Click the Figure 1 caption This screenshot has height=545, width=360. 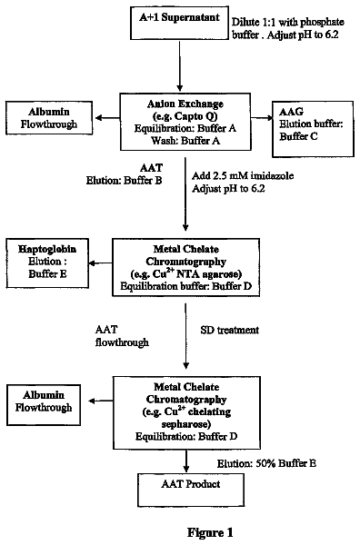click(x=210, y=532)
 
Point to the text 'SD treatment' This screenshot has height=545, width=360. click(x=230, y=330)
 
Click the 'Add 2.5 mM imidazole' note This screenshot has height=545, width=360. click(x=243, y=175)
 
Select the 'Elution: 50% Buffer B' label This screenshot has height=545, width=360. click(x=266, y=463)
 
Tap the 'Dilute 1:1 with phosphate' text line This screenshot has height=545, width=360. click(x=288, y=22)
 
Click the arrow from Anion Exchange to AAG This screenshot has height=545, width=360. click(x=262, y=118)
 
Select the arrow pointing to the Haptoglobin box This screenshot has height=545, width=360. click(x=101, y=263)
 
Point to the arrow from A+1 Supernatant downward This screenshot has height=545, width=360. click(x=179, y=65)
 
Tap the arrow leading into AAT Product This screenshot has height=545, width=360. click(x=186, y=461)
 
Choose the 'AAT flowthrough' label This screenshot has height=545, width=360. click(x=122, y=336)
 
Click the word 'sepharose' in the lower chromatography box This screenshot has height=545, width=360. click(x=186, y=424)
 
